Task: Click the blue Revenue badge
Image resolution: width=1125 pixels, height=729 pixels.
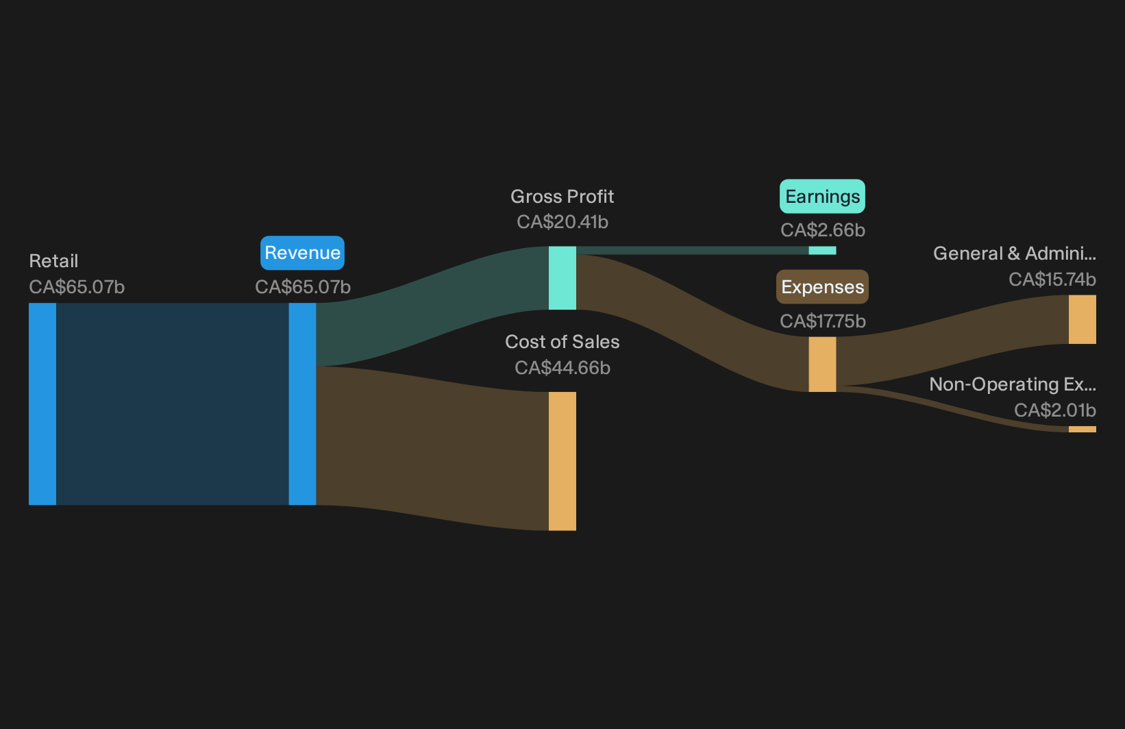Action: pyautogui.click(x=302, y=253)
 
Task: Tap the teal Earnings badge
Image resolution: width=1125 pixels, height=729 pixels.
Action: pyautogui.click(x=822, y=197)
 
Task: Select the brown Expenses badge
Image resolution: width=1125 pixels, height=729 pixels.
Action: pyautogui.click(x=822, y=287)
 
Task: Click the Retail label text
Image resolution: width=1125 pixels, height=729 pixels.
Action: pyautogui.click(x=53, y=261)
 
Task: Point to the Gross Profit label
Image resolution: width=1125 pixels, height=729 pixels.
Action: pyautogui.click(x=562, y=197)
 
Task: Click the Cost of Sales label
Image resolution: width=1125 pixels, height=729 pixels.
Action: pyautogui.click(x=562, y=342)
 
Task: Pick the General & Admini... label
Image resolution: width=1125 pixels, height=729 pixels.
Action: pyautogui.click(x=1015, y=254)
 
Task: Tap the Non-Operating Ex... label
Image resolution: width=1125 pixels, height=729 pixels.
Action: pyautogui.click(x=1013, y=384)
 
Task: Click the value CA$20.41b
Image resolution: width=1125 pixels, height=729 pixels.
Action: pyautogui.click(x=562, y=222)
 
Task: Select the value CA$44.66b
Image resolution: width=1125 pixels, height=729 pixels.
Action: pyautogui.click(x=562, y=368)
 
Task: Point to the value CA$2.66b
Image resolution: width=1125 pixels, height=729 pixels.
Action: pyautogui.click(x=822, y=230)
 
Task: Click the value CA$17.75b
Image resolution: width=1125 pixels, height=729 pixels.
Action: pyautogui.click(x=822, y=321)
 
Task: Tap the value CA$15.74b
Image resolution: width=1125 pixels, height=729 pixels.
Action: pyautogui.click(x=1052, y=280)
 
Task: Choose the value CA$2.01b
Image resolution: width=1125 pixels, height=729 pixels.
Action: pyautogui.click(x=1054, y=410)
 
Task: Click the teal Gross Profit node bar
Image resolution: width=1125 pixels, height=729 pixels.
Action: pyautogui.click(x=562, y=278)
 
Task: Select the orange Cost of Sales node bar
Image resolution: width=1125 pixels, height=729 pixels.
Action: pyautogui.click(x=562, y=461)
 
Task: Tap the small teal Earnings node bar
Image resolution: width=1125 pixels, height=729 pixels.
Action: pyautogui.click(x=822, y=250)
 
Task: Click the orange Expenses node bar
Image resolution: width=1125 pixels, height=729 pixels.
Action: pyautogui.click(x=822, y=364)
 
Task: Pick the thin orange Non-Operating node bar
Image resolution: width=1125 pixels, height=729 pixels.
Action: pyautogui.click(x=1083, y=429)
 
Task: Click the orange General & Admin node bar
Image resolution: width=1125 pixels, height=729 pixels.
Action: pyautogui.click(x=1083, y=319)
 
